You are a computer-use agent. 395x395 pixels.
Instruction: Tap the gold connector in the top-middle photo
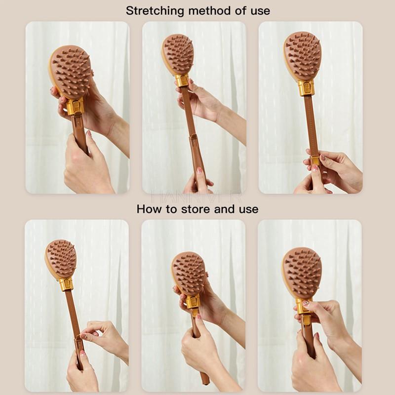[x=182, y=80]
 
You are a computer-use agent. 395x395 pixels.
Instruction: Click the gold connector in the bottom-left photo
[x=66, y=284]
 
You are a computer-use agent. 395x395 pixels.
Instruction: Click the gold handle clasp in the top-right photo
[x=315, y=160]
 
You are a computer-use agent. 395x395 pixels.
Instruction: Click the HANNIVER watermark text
[x=197, y=197]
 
